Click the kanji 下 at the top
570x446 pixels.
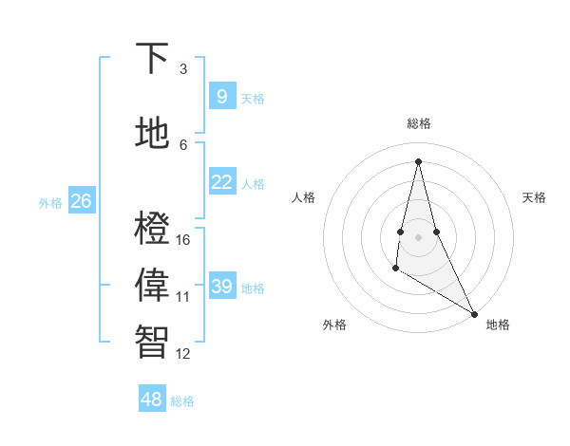coord(153,58)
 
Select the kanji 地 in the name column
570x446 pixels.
coord(153,135)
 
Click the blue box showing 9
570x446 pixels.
coord(221,97)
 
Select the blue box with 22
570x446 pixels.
coord(221,182)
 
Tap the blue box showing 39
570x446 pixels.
coord(221,287)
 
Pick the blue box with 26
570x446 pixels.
coord(81,201)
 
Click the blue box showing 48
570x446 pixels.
coord(152,400)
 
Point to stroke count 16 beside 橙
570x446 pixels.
coord(183,239)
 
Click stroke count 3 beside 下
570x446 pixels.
coord(183,68)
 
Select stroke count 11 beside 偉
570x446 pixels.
coord(183,297)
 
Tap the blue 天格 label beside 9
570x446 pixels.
coord(253,99)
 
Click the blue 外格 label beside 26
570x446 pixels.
coord(50,203)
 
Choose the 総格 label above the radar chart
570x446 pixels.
coord(419,123)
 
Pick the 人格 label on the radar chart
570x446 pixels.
coord(303,197)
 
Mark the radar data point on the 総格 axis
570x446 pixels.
coord(418,160)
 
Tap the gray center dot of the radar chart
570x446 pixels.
coord(418,236)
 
